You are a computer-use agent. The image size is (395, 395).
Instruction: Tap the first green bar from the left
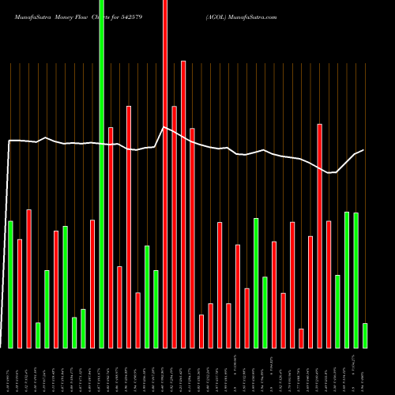(x=10, y=284)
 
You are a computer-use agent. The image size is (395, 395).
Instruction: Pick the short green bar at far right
(x=365, y=336)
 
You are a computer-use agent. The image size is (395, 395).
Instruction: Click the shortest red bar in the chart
(x=301, y=338)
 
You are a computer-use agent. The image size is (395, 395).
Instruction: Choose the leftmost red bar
(x=20, y=293)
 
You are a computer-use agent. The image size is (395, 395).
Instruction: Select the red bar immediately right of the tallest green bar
(x=111, y=237)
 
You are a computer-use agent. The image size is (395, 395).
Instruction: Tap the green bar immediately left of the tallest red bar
(x=156, y=309)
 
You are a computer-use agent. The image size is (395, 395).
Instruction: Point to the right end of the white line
(x=363, y=150)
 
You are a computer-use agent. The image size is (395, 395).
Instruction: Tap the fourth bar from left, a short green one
(x=38, y=335)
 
